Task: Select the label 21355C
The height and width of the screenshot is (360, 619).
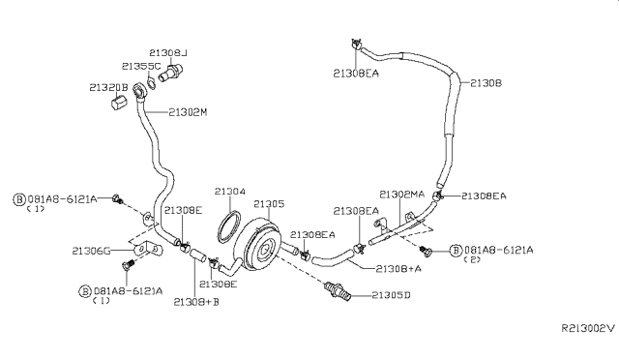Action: (x=140, y=66)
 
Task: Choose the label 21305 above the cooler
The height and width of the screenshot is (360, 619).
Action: (x=269, y=204)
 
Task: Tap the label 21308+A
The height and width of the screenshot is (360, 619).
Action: (x=397, y=267)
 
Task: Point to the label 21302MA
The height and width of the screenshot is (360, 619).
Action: (x=400, y=194)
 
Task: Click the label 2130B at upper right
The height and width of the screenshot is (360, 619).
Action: (x=486, y=83)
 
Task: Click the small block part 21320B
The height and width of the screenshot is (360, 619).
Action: (x=114, y=103)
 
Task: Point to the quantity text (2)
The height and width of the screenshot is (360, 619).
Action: (x=474, y=259)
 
